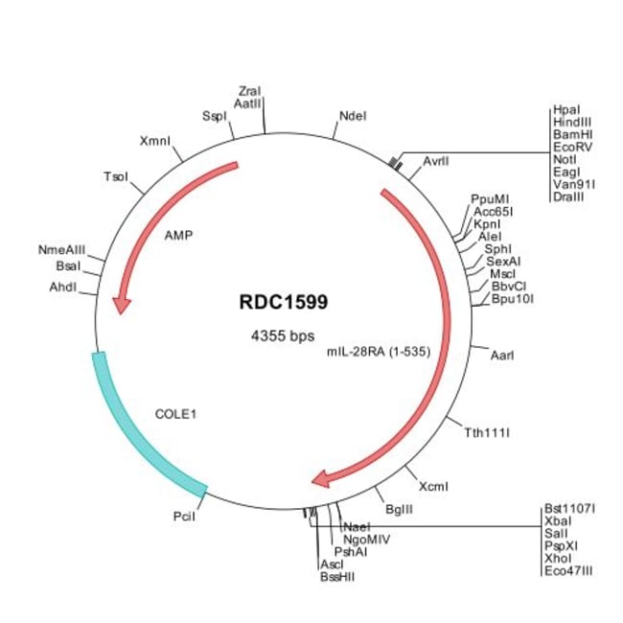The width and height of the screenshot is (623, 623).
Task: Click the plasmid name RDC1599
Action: tap(284, 302)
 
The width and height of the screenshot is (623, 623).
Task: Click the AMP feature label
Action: tap(178, 235)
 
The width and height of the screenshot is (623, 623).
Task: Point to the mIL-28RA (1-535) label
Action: tap(377, 352)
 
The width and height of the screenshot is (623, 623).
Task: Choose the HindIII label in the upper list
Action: tap(572, 123)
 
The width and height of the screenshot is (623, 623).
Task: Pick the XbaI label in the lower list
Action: tap(557, 523)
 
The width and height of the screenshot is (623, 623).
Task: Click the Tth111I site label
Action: tap(486, 432)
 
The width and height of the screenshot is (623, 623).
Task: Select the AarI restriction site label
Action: tap(502, 355)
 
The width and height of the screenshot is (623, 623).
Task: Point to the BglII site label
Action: tap(398, 508)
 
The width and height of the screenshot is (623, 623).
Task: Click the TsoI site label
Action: tap(116, 177)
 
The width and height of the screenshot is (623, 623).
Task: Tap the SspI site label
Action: tap(215, 116)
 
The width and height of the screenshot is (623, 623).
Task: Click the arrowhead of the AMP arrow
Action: tap(121, 304)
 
